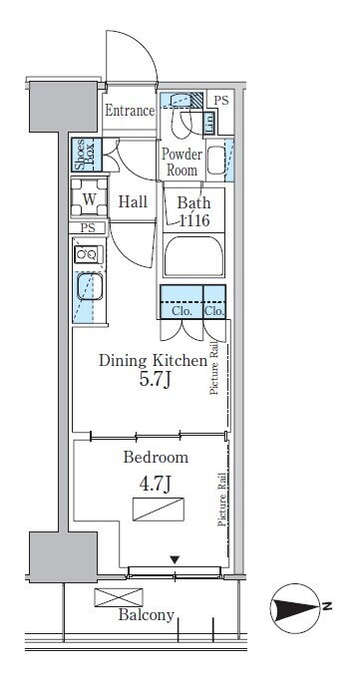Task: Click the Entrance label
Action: pyautogui.click(x=130, y=111)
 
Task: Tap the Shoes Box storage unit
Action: pyautogui.click(x=87, y=155)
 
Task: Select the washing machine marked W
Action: pyautogui.click(x=89, y=198)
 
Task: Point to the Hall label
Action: pyautogui.click(x=133, y=202)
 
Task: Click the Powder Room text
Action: pyautogui.click(x=181, y=162)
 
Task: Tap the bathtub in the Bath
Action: pyautogui.click(x=193, y=256)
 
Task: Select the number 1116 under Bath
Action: pyautogui.click(x=194, y=220)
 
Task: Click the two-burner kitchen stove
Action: pyautogui.click(x=88, y=254)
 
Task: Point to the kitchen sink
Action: pyautogui.click(x=90, y=287)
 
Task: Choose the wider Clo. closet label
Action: pyautogui.click(x=181, y=311)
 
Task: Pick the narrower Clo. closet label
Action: pyautogui.click(x=214, y=311)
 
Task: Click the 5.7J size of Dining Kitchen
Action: pyautogui.click(x=155, y=380)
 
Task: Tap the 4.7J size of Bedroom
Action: pyautogui.click(x=155, y=485)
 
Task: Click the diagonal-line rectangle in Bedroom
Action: pyautogui.click(x=159, y=510)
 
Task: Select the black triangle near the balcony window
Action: pyautogui.click(x=175, y=559)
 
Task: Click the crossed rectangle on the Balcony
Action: pyautogui.click(x=119, y=597)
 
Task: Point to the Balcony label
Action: pyautogui.click(x=147, y=615)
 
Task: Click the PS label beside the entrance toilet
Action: pyautogui.click(x=221, y=101)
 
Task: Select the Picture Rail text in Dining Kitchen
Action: pyautogui.click(x=213, y=369)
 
